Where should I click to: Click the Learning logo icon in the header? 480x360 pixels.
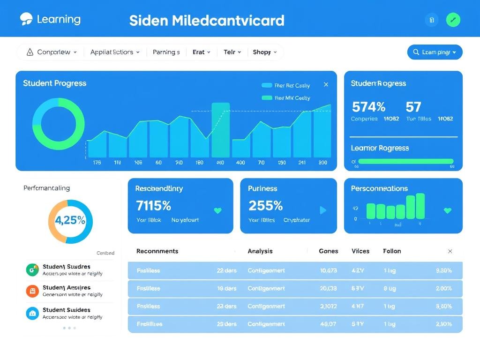point(26,19)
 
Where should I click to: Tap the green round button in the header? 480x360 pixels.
point(453,20)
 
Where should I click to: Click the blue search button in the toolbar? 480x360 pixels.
point(435,52)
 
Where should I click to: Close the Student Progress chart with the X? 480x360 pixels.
point(326,85)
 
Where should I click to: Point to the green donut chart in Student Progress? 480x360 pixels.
point(59,124)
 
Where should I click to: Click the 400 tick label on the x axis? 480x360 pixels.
point(240,163)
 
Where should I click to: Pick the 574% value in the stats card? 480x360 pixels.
point(368,107)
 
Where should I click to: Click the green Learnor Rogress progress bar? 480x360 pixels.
point(406,161)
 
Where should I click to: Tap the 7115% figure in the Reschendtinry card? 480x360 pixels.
point(153,205)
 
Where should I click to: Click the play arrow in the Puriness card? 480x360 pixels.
point(323,210)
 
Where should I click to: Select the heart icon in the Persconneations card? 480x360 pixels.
point(447,210)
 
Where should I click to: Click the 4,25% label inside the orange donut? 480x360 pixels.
point(70,220)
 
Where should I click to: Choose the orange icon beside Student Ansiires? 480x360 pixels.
point(32,291)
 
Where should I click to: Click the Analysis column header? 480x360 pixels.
point(260,251)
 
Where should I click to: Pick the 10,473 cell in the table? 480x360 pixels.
point(328,270)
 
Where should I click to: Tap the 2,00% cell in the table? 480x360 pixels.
point(443,288)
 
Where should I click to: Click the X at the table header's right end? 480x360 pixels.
point(450,251)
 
